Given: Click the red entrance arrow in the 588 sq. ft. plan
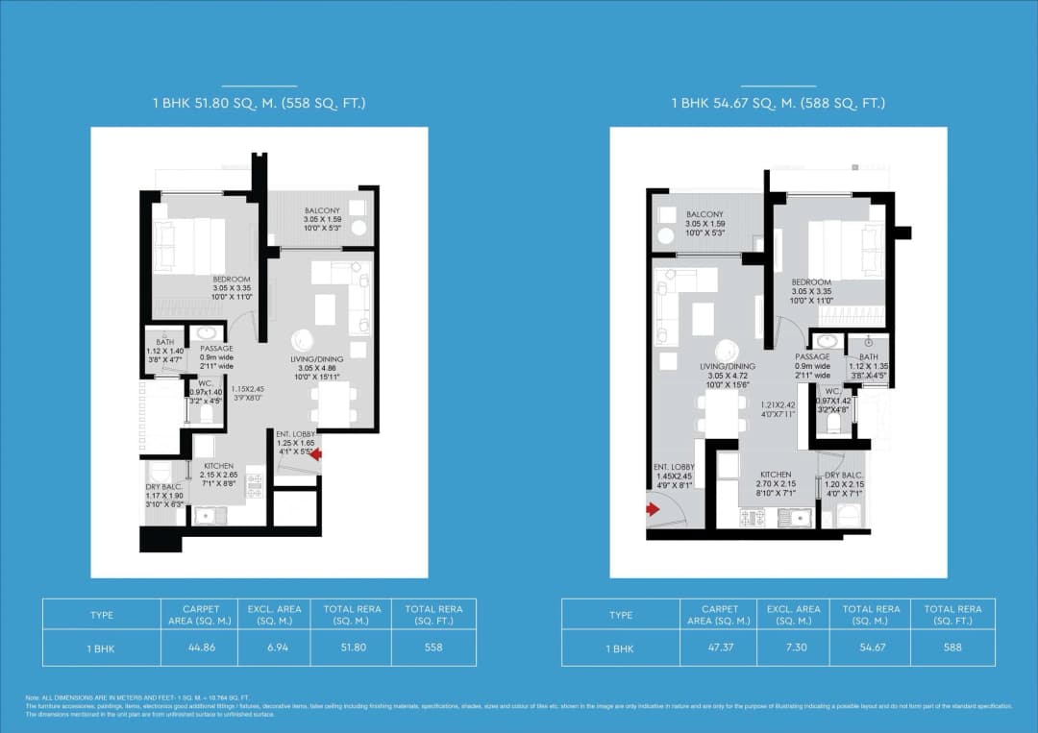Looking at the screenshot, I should pyautogui.click(x=654, y=510).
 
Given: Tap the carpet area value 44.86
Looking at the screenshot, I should pyautogui.click(x=201, y=648).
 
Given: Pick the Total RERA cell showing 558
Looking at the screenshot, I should pyautogui.click(x=433, y=648).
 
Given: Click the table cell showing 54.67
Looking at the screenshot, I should pyautogui.click(x=871, y=648).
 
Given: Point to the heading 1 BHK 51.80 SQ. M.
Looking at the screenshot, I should pyautogui.click(x=259, y=103).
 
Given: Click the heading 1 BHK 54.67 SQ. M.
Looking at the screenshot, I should pyautogui.click(x=778, y=103).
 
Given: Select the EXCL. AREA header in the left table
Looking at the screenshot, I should pyautogui.click(x=274, y=615).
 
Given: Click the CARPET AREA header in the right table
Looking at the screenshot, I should pyautogui.click(x=720, y=615).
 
